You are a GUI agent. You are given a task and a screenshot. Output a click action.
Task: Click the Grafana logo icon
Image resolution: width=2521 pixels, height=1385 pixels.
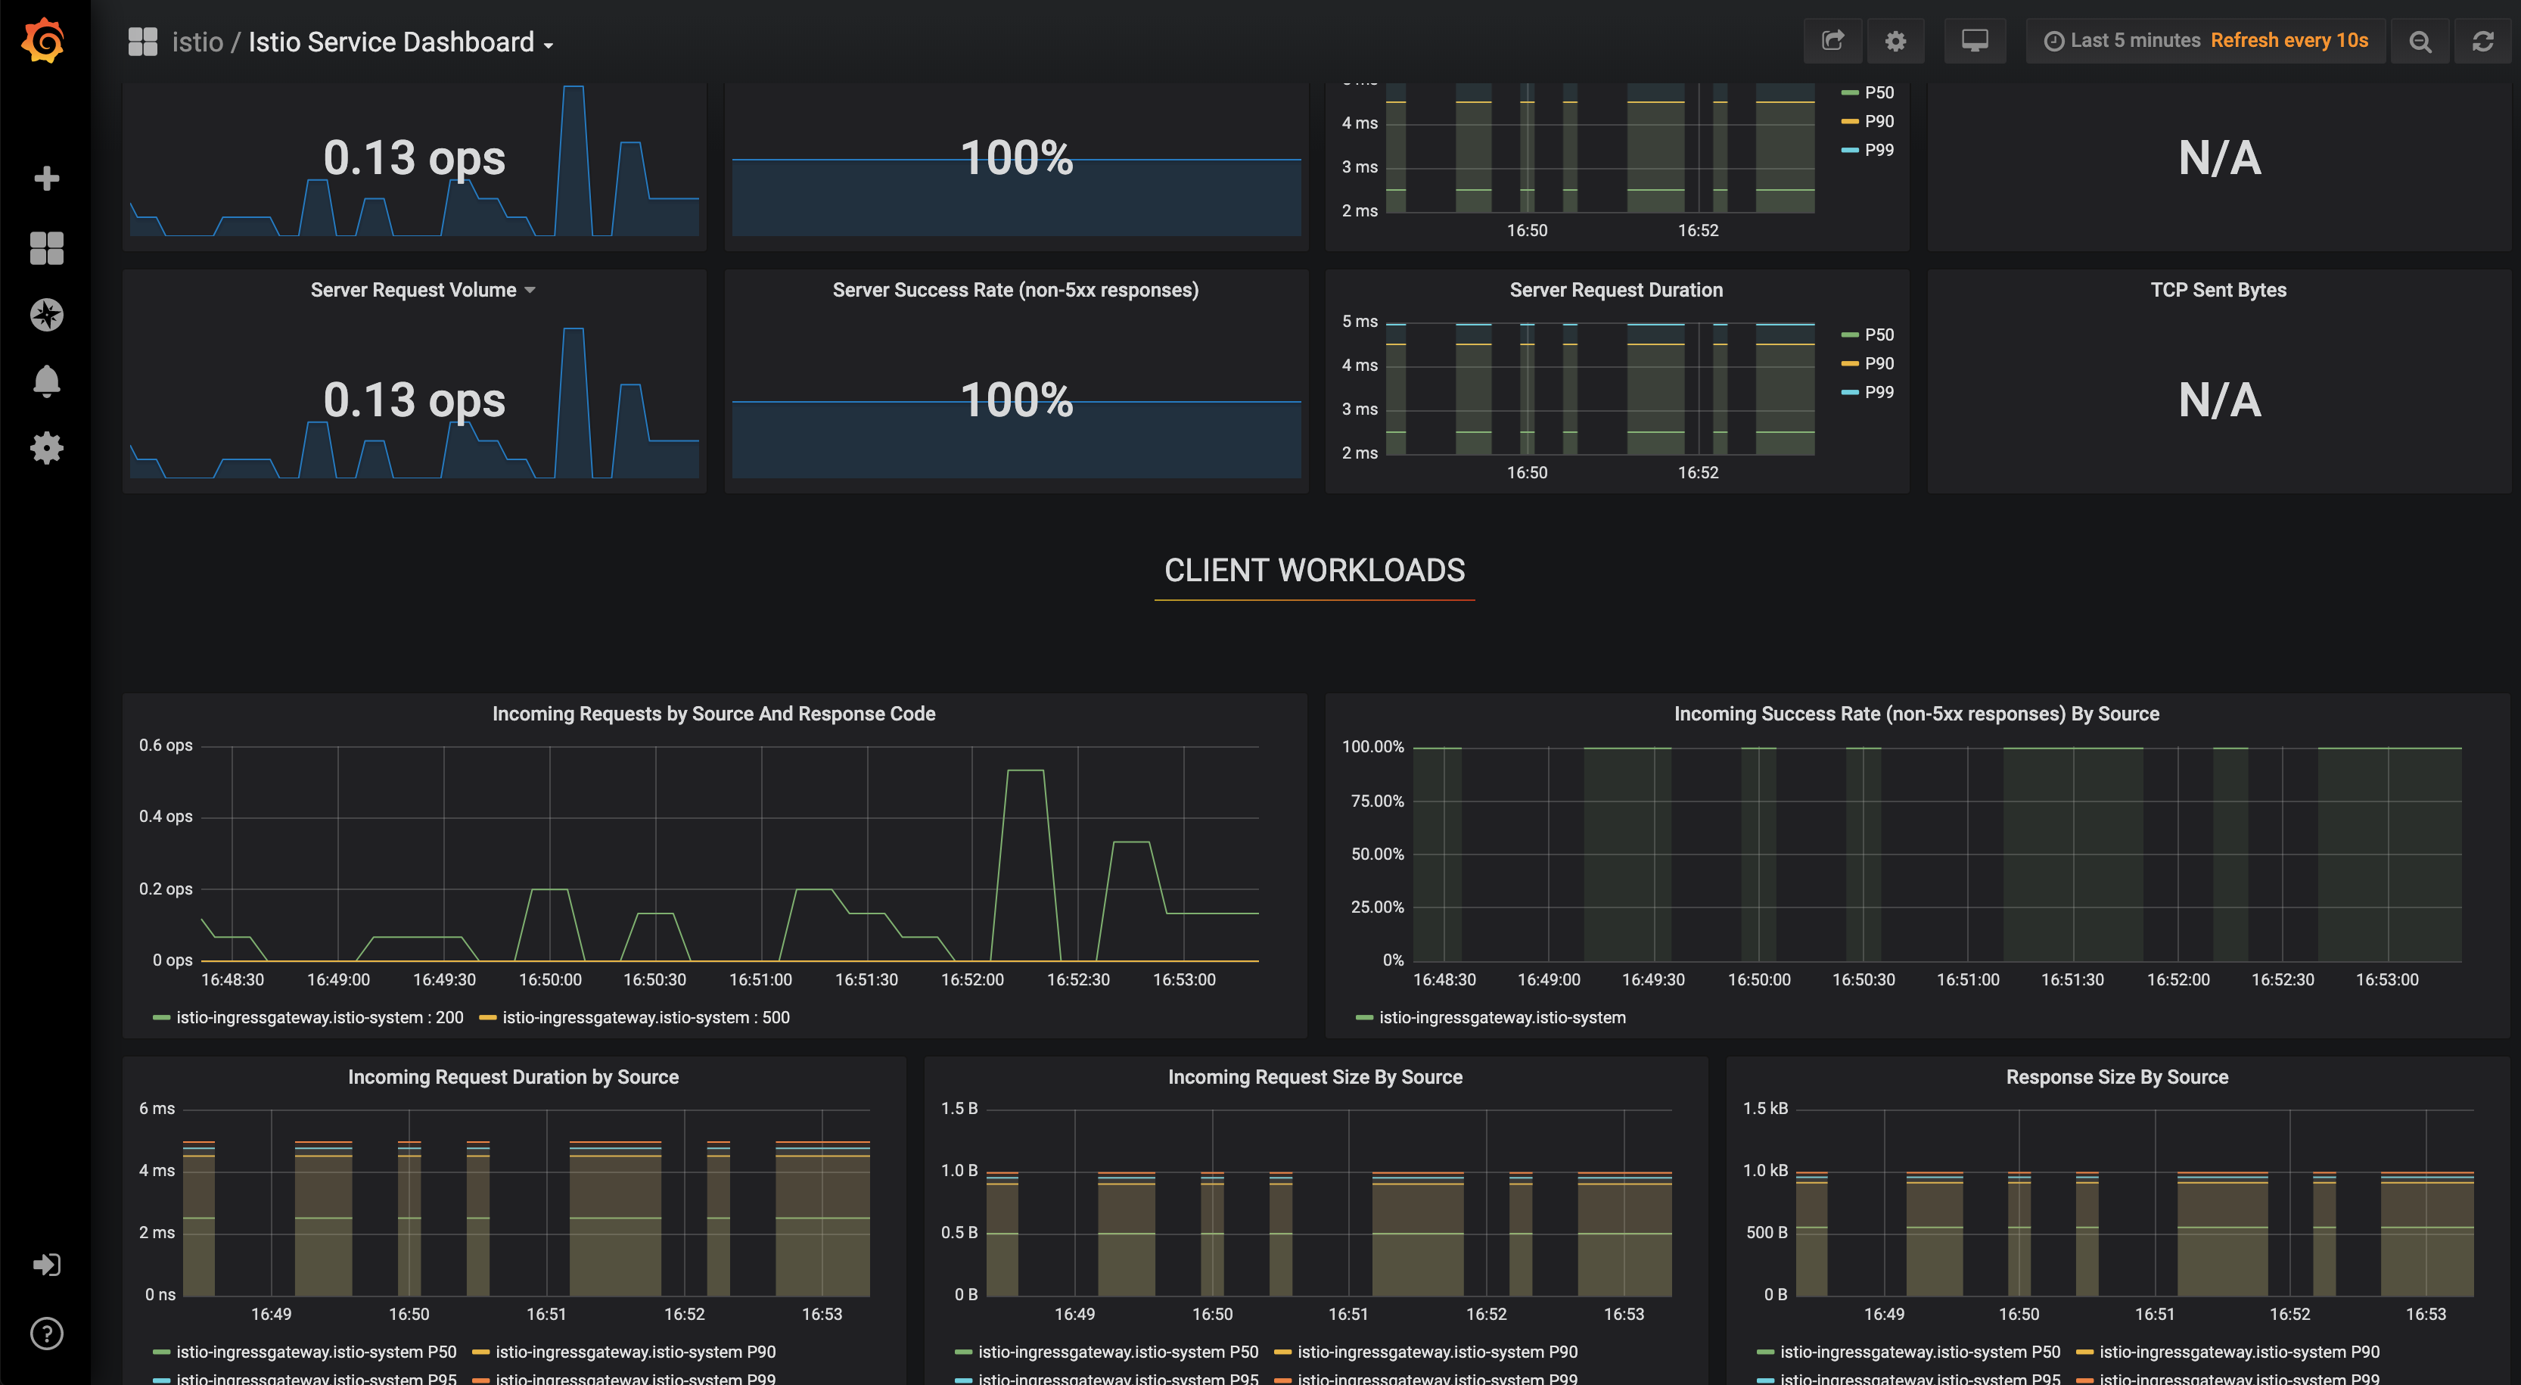tap(44, 41)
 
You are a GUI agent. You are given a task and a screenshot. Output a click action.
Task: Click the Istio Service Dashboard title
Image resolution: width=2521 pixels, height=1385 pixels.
tap(390, 42)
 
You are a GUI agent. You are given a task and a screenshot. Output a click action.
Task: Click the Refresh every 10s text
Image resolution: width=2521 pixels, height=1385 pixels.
tap(2289, 41)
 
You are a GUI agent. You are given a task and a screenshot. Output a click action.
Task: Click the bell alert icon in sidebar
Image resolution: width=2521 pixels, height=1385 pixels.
tap(46, 381)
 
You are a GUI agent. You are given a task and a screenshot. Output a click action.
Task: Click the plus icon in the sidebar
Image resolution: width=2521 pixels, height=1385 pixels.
tap(46, 178)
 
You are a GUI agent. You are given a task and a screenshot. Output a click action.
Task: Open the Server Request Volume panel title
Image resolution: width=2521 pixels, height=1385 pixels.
tap(413, 290)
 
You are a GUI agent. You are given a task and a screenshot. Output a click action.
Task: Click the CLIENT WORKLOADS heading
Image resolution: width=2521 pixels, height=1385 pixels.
tap(1314, 571)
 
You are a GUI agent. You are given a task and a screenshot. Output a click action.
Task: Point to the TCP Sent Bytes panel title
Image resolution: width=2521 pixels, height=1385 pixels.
tap(2218, 290)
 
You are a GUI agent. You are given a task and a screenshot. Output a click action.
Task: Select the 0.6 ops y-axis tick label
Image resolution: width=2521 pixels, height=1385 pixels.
tap(166, 745)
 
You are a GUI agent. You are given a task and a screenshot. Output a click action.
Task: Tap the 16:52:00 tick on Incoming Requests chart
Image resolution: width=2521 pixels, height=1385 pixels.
tap(971, 980)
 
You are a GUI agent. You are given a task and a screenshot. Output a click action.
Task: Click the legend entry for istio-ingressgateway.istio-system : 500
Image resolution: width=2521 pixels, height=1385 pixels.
tap(645, 1018)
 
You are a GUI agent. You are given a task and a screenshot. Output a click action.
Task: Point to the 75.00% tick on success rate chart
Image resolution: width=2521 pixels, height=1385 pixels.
tap(1376, 801)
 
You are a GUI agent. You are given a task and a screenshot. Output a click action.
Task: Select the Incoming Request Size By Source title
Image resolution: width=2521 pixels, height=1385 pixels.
tap(1314, 1077)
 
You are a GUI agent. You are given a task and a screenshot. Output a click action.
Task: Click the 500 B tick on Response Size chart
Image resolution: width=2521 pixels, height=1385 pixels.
tap(1767, 1232)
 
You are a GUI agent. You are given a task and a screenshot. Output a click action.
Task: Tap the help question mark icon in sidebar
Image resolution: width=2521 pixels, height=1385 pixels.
tap(46, 1333)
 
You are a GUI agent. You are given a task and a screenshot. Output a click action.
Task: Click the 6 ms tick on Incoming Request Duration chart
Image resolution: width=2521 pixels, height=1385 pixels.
tap(157, 1109)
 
